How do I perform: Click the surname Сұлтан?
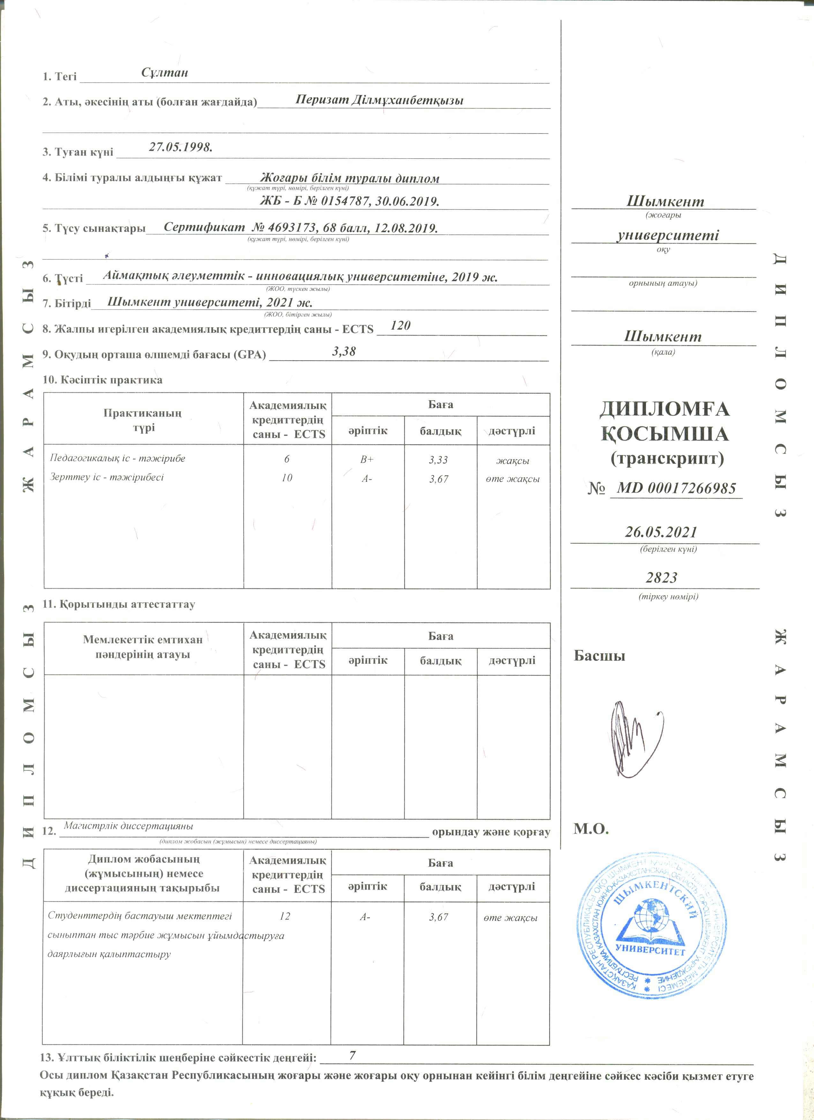point(164,73)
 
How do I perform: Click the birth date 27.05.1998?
point(180,147)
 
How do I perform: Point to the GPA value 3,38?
point(344,352)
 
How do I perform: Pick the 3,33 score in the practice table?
point(438,460)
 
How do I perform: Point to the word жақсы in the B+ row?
point(512,461)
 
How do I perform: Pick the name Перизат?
point(321,100)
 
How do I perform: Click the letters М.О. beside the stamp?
point(591,829)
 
